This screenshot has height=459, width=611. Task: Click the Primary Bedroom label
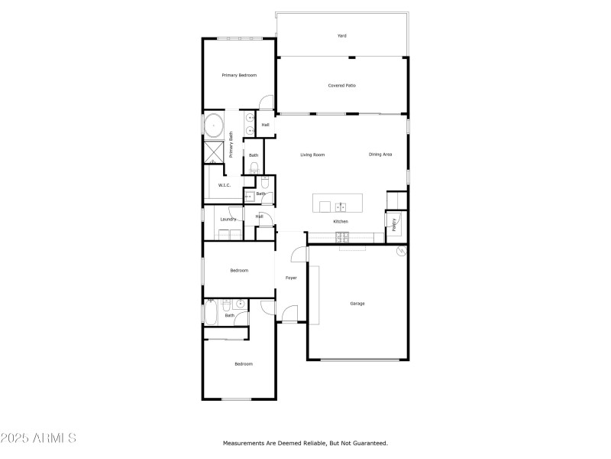point(238,75)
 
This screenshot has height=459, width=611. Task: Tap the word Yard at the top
point(342,36)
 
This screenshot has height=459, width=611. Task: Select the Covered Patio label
point(341,86)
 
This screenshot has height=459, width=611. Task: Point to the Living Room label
point(312,155)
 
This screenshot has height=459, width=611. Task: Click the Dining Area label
point(380,155)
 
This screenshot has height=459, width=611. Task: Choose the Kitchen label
point(341,222)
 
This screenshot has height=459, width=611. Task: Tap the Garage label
point(357,304)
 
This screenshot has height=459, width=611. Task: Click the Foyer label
point(291,278)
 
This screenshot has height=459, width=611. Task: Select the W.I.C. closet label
point(225,185)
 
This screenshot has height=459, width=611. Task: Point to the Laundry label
point(228,220)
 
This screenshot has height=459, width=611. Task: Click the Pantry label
point(395,224)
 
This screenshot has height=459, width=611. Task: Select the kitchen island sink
point(341,206)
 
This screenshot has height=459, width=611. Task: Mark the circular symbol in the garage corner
point(399,252)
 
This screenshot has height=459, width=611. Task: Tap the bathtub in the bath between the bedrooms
point(210,311)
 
